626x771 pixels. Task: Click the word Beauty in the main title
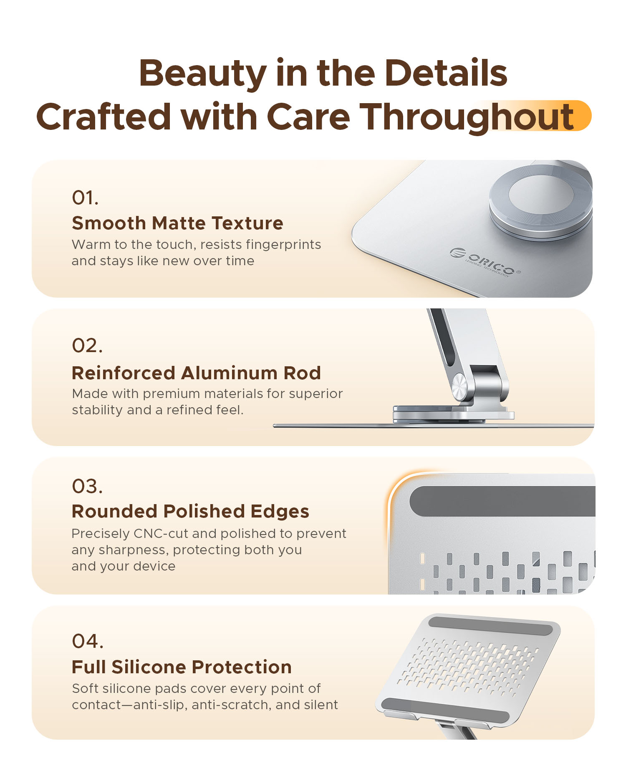coord(203,74)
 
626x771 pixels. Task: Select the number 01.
coord(85,198)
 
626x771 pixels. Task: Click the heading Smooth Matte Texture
coord(177,223)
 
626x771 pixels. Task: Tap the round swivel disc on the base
coord(541,202)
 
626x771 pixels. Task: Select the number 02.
coord(87,346)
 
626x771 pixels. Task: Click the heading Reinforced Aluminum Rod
coord(196,373)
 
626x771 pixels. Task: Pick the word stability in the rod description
coord(98,410)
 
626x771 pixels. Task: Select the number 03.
coord(87,487)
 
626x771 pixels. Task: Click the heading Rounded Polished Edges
coord(190,511)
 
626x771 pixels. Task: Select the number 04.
coord(88,641)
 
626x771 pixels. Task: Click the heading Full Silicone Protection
coord(182,667)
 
